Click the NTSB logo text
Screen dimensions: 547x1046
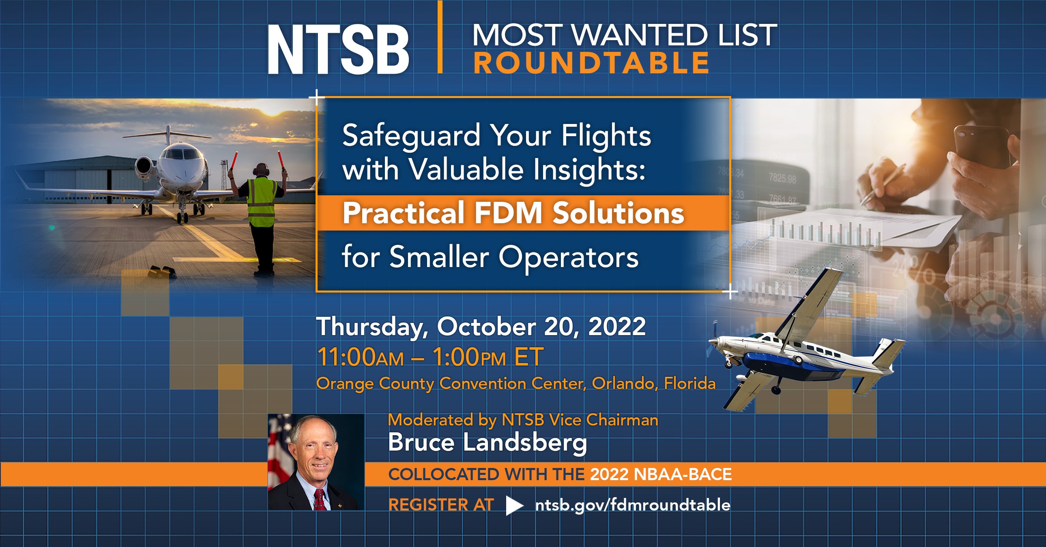(x=338, y=49)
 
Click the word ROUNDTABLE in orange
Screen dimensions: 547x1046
(x=591, y=63)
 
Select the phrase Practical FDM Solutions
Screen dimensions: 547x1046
(x=513, y=213)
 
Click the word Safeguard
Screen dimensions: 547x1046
(x=411, y=136)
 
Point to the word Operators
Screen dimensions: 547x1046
(x=568, y=257)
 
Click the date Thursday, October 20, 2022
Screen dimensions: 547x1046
(x=481, y=327)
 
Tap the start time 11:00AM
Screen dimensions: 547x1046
(x=360, y=357)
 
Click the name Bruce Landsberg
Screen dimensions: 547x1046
(x=487, y=442)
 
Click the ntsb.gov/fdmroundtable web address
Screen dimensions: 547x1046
(x=633, y=505)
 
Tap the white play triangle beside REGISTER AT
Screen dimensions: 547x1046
(x=513, y=505)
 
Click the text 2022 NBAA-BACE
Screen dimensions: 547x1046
(x=661, y=474)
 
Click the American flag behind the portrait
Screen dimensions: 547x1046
(x=279, y=451)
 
